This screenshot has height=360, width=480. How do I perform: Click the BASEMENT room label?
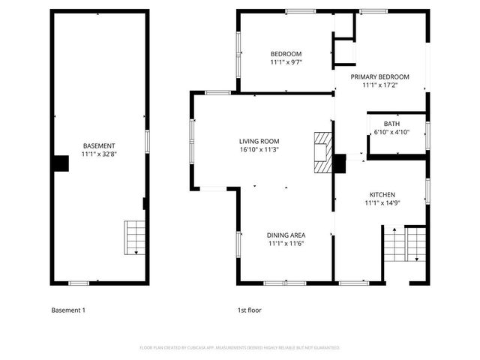[x=98, y=145]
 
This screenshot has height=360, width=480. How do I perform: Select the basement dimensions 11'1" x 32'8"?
[x=98, y=154]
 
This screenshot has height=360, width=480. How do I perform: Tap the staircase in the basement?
[x=133, y=238]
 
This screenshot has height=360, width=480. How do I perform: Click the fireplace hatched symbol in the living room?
[x=322, y=153]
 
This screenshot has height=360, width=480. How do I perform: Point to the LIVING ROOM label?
[x=259, y=141]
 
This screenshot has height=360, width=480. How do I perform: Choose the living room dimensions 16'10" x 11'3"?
[x=259, y=149]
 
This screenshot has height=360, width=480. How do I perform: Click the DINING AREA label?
[x=286, y=235]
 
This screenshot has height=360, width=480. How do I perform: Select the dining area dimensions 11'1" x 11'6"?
[x=286, y=243]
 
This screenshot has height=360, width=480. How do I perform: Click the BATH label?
[x=391, y=124]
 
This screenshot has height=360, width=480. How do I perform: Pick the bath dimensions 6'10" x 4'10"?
[x=391, y=133]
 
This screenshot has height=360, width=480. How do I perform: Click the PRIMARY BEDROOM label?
[x=380, y=76]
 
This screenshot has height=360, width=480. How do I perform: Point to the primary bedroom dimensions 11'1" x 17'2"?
[x=380, y=85]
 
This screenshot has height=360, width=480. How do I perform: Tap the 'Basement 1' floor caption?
[x=68, y=310]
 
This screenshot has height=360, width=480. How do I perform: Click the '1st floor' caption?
[x=250, y=310]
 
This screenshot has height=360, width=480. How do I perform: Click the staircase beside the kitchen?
[x=405, y=244]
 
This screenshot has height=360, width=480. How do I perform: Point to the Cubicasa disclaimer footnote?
[x=240, y=348]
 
